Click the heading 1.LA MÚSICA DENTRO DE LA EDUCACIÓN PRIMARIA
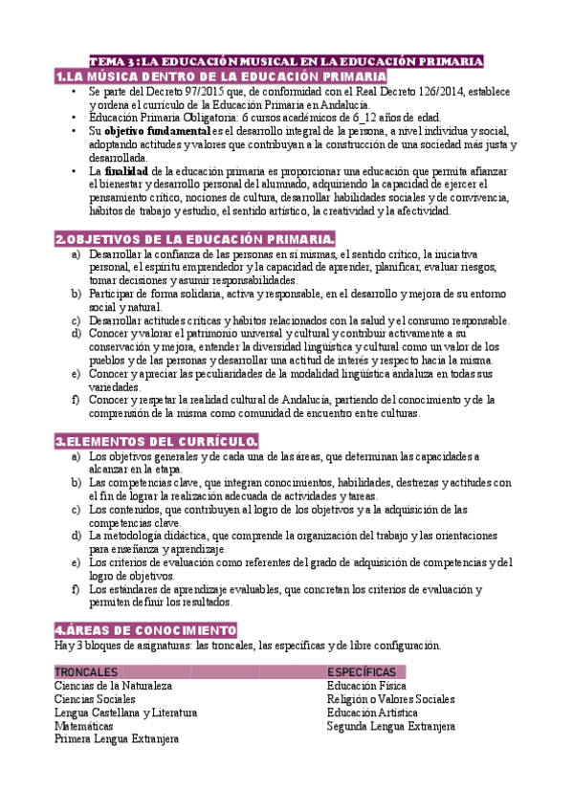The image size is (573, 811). pyautogui.click(x=221, y=76)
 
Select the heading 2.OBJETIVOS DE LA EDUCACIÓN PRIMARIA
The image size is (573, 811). pyautogui.click(x=195, y=238)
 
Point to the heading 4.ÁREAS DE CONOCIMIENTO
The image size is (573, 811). pyautogui.click(x=145, y=630)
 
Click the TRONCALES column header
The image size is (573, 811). pyautogui.click(x=87, y=671)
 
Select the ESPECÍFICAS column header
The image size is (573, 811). pyautogui.click(x=362, y=671)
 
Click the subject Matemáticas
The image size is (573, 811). pyautogui.click(x=83, y=726)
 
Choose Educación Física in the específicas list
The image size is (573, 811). pyautogui.click(x=366, y=686)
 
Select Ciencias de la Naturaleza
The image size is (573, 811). pyautogui.click(x=113, y=686)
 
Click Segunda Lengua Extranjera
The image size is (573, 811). pyautogui.click(x=390, y=726)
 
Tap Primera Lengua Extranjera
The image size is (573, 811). pyautogui.click(x=117, y=739)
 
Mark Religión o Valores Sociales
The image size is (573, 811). pyautogui.click(x=390, y=699)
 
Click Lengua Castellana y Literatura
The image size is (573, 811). pyautogui.click(x=125, y=712)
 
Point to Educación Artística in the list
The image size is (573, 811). pyautogui.click(x=372, y=712)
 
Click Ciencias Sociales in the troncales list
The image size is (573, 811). pyautogui.click(x=95, y=699)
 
